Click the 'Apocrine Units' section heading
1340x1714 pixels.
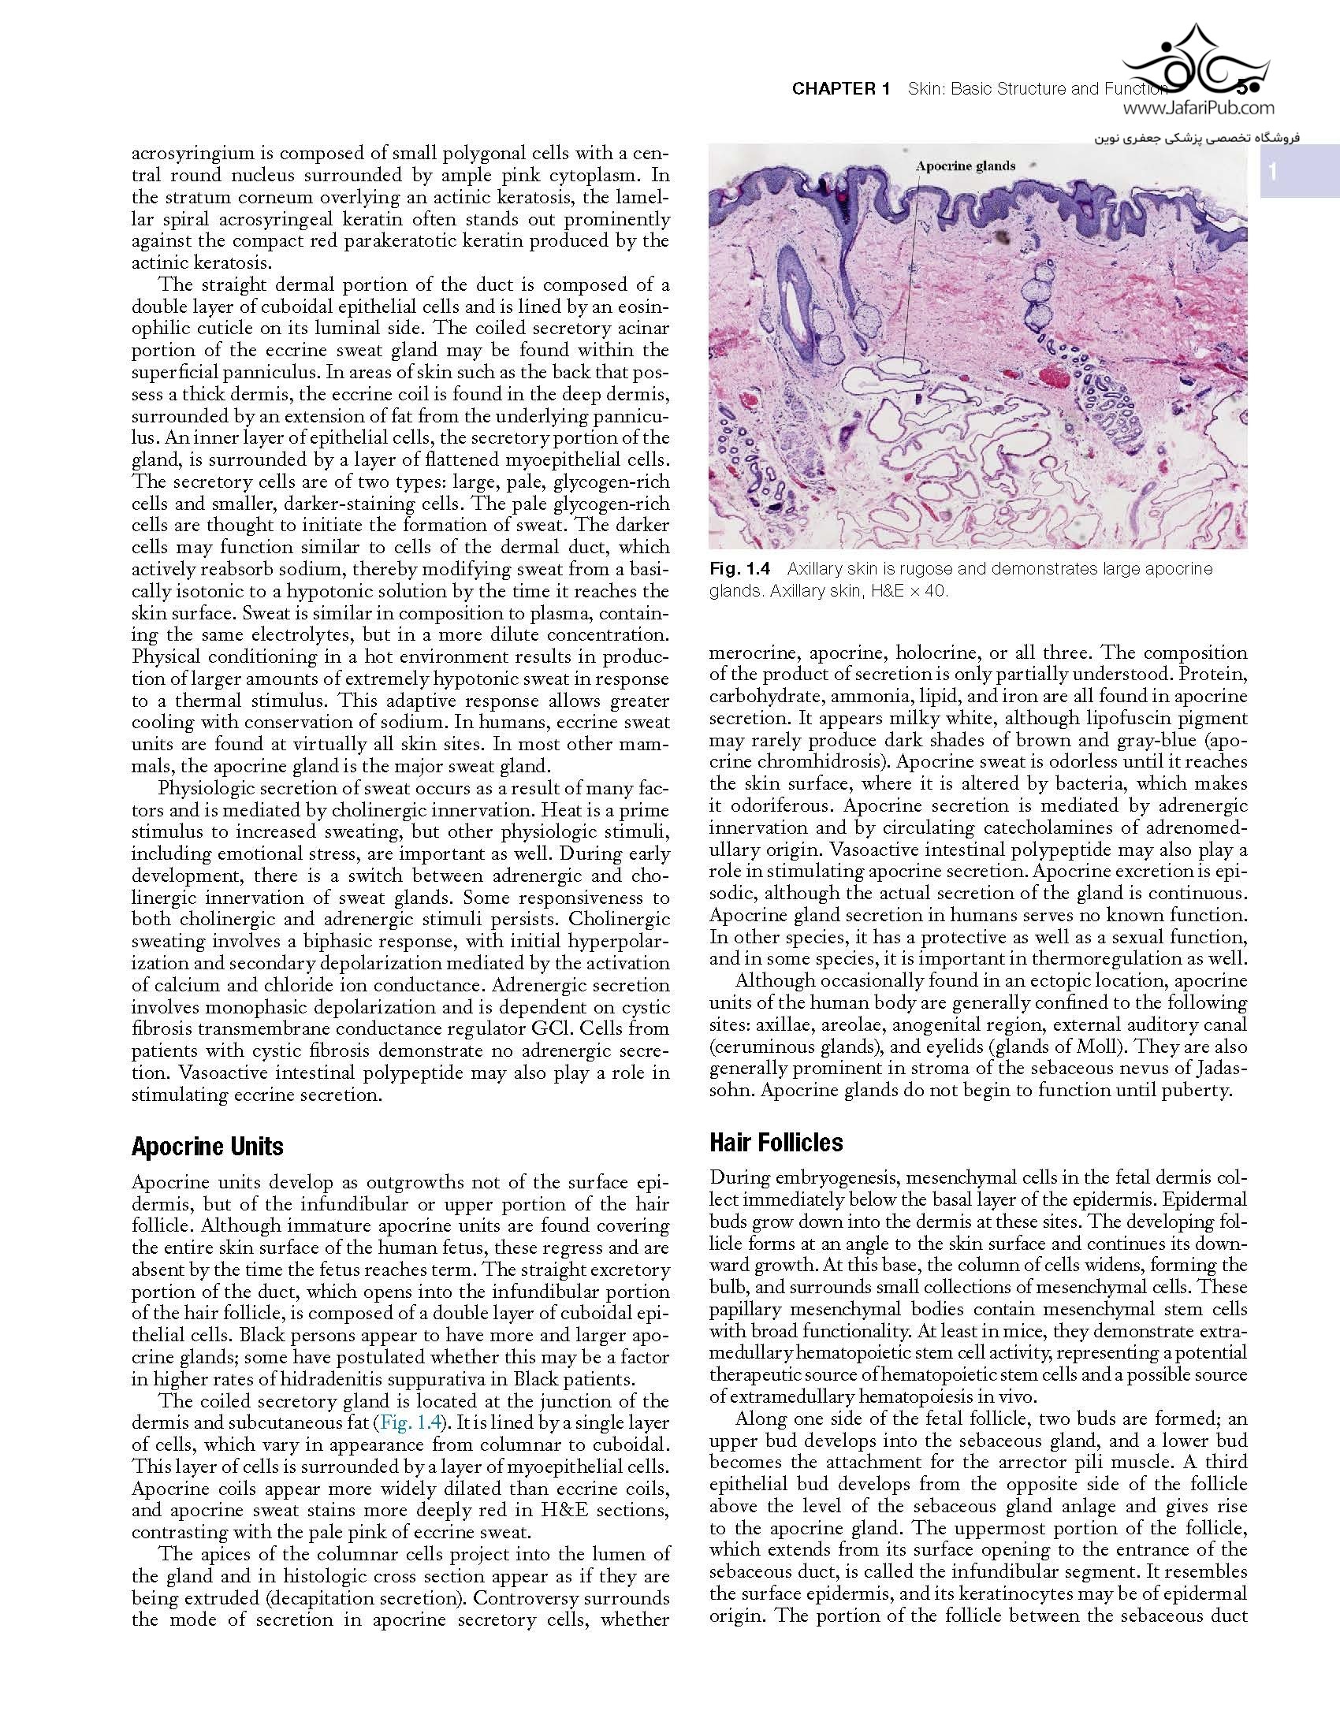(207, 1146)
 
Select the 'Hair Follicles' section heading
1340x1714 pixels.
(776, 1143)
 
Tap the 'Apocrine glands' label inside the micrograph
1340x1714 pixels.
(965, 165)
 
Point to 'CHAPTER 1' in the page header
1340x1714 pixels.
(840, 89)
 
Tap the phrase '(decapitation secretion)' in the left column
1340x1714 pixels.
(330, 1599)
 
